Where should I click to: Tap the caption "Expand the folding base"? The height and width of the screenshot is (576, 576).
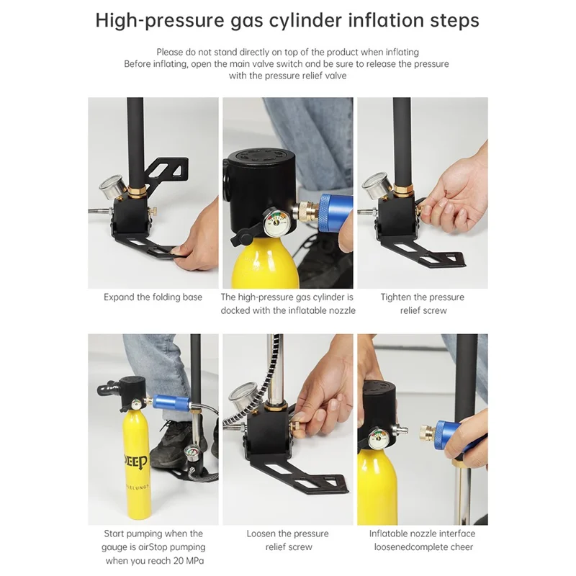tap(153, 297)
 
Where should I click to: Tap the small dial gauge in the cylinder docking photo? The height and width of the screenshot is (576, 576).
tap(276, 222)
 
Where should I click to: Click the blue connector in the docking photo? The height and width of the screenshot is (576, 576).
tap(336, 213)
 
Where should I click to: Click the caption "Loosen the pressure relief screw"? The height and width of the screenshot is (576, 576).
tap(288, 541)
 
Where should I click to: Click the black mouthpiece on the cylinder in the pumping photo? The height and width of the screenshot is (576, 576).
tap(107, 388)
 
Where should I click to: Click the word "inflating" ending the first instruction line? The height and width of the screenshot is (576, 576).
tap(402, 52)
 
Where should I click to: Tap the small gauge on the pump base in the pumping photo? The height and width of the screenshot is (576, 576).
tap(192, 454)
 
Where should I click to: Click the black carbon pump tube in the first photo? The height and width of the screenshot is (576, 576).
tap(135, 143)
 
